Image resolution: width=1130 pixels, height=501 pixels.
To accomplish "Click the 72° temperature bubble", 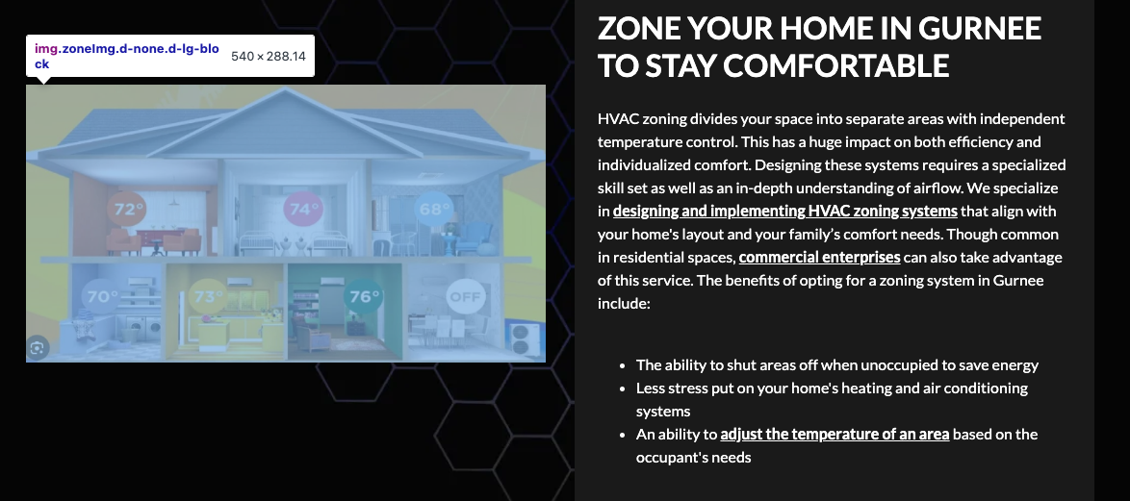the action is [x=127, y=210].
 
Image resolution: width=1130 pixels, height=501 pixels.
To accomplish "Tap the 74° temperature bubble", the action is [x=303, y=210].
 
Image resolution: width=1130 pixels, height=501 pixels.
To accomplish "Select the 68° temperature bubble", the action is [x=434, y=210].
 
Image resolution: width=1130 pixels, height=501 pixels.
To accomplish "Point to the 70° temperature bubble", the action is [x=102, y=296].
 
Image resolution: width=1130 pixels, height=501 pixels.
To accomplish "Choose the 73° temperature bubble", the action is [x=208, y=296].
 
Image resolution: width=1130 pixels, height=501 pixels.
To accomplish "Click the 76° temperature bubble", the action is [x=363, y=296].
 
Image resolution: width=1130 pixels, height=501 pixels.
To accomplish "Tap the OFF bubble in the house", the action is [x=466, y=296].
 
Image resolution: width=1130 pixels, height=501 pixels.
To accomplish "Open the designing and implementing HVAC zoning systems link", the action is [x=784, y=211].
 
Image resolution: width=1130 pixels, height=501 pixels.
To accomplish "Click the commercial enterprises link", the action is [x=819, y=257].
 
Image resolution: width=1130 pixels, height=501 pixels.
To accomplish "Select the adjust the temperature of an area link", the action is [x=835, y=434].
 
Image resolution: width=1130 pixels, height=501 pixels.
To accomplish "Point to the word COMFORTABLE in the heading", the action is [x=836, y=65].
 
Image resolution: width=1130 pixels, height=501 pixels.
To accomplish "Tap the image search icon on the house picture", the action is [x=38, y=348].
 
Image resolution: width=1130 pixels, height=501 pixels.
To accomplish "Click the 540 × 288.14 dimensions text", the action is [x=269, y=56].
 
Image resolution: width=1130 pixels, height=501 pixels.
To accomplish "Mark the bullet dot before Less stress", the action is [x=622, y=388].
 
